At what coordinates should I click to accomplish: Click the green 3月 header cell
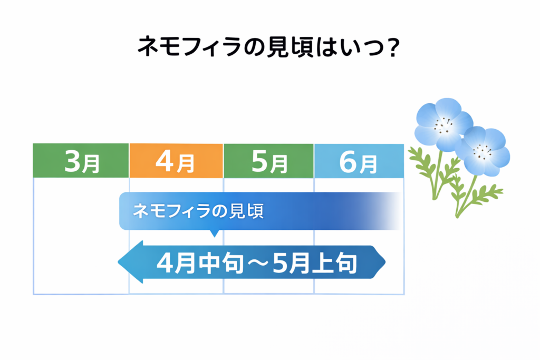coord(81,160)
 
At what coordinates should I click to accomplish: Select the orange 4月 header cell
coord(176,161)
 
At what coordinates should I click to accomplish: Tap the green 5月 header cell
coord(268,161)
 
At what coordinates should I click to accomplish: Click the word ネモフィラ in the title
coord(189,46)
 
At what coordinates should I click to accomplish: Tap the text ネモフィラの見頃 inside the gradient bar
coord(198,211)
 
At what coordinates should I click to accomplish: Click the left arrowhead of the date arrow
coord(131,262)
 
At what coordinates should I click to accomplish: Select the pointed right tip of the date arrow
coord(385,262)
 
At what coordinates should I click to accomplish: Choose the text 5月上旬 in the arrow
coord(315,264)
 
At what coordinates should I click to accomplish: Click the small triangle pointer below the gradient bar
coord(214,233)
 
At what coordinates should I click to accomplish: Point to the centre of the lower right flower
coord(483,151)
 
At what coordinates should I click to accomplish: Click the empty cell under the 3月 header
coord(81,236)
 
